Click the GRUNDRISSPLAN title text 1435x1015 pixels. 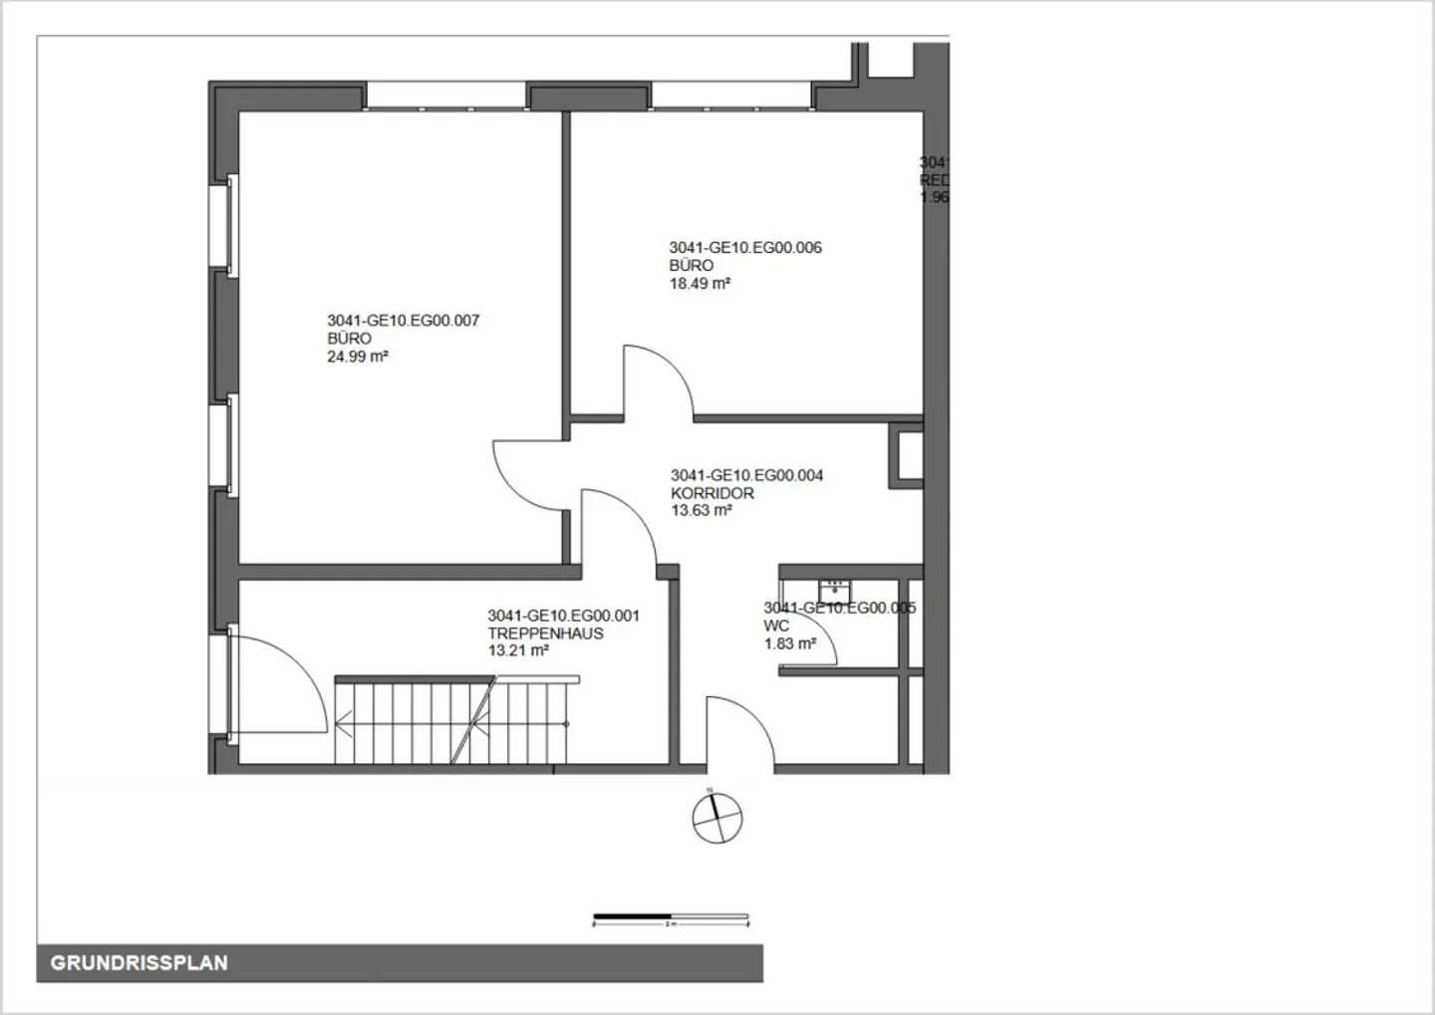pyautogui.click(x=139, y=963)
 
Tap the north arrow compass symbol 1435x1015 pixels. pyautogui.click(x=717, y=818)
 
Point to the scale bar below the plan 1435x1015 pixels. pyautogui.click(x=670, y=917)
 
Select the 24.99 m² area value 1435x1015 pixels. pyautogui.click(x=357, y=357)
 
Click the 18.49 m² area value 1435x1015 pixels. pyautogui.click(x=700, y=284)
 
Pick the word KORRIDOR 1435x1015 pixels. pyautogui.click(x=712, y=493)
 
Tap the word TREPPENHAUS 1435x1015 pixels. pyautogui.click(x=545, y=634)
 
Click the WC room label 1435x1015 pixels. pyautogui.click(x=776, y=626)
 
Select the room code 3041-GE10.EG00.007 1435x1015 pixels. pyautogui.click(x=403, y=321)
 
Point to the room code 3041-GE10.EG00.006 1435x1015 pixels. pyautogui.click(x=745, y=248)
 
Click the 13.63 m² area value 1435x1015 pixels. pyautogui.click(x=702, y=511)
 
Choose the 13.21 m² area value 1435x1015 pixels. pyautogui.click(x=518, y=651)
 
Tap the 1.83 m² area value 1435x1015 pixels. pyautogui.click(x=789, y=644)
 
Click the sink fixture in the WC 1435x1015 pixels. pyautogui.click(x=834, y=588)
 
